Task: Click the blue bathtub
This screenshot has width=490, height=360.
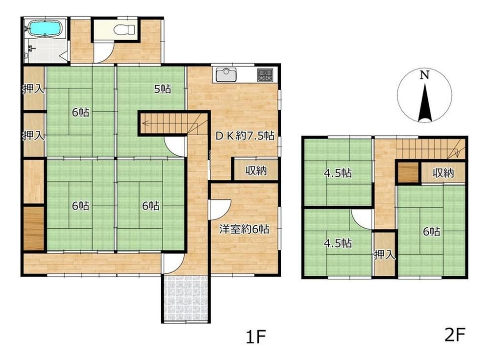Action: tap(45, 28)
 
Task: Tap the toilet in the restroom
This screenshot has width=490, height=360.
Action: tap(124, 30)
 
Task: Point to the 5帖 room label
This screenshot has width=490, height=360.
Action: tap(163, 89)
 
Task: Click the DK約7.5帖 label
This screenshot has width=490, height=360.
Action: tap(245, 136)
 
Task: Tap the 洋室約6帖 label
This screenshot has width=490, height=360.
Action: tap(244, 229)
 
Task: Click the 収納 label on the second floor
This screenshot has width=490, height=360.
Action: tap(443, 173)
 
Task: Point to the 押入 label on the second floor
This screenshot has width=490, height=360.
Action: tap(385, 255)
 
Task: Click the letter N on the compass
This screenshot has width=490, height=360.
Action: tap(424, 75)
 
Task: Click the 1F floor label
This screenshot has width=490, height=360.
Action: tap(255, 337)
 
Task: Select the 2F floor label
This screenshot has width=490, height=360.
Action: tap(455, 335)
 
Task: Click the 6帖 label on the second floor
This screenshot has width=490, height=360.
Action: tap(432, 232)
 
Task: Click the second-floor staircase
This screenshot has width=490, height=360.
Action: tap(431, 149)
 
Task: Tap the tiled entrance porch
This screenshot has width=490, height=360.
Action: tap(186, 298)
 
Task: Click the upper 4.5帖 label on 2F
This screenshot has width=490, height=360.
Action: tap(338, 173)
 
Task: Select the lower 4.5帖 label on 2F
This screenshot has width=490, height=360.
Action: tap(338, 243)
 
